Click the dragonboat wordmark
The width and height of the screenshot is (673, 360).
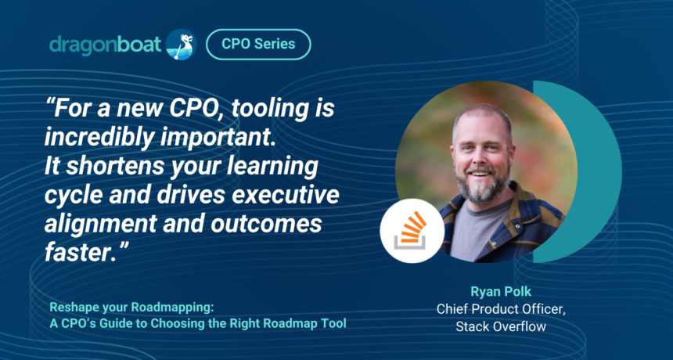pos(105,45)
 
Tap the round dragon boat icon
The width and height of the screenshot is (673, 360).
pos(181,44)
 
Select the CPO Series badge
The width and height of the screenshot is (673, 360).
pos(258,44)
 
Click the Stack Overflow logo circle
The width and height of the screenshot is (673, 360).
pos(412,230)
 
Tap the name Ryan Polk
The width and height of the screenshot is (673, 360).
pos(501,292)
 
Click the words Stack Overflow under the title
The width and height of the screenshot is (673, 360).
pos(501,326)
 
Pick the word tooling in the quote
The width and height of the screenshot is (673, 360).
pos(269,110)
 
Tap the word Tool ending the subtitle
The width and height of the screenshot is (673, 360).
pos(335,323)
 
